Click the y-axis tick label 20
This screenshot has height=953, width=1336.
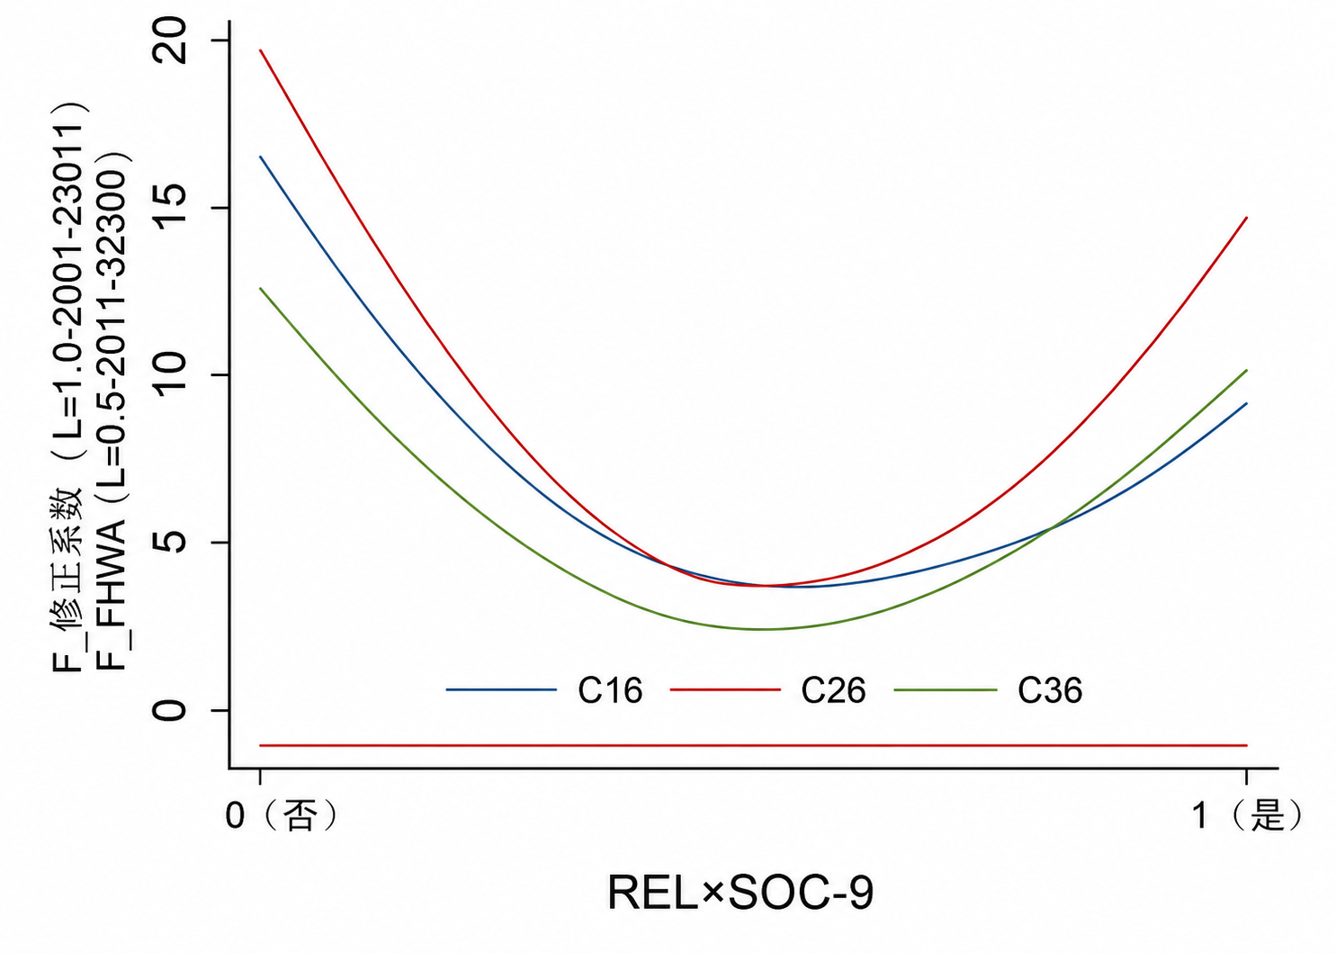[x=171, y=40]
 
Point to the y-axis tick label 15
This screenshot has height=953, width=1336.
[x=171, y=207]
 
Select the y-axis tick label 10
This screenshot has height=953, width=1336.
[x=171, y=374]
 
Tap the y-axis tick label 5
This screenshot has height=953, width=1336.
[x=171, y=542]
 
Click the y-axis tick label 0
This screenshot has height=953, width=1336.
[x=171, y=710]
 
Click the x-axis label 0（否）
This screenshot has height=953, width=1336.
[x=282, y=815]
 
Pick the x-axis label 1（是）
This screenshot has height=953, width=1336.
[x=1248, y=815]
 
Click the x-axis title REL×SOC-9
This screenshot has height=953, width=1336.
[x=740, y=894]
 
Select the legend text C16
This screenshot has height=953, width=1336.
[x=610, y=690]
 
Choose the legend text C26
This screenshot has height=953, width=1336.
[x=833, y=690]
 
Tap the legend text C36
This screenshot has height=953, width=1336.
[x=1050, y=690]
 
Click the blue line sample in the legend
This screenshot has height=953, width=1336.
[x=501, y=690]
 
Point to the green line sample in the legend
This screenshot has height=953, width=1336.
[x=946, y=690]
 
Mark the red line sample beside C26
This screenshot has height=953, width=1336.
[x=725, y=690]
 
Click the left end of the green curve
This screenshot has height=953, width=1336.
[x=260, y=288]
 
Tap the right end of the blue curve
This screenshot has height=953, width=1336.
[x=1247, y=403]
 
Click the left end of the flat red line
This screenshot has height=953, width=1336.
[x=260, y=745]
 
